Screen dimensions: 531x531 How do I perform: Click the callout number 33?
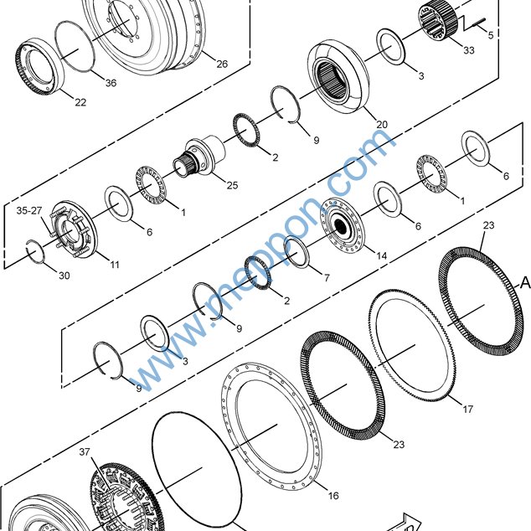click(469, 50)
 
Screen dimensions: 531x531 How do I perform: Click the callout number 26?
click(222, 64)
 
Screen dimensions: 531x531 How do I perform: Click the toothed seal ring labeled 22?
click(40, 66)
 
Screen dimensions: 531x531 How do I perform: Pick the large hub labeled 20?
click(338, 77)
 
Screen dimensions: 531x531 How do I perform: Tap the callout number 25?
click(232, 185)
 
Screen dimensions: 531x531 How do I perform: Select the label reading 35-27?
click(29, 210)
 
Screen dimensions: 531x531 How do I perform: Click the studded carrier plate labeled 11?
click(74, 229)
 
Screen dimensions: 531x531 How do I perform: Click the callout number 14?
click(381, 255)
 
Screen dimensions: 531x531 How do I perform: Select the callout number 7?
click(327, 278)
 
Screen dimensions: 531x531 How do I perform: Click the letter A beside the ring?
click(525, 282)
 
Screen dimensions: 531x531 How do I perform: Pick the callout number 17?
click(467, 409)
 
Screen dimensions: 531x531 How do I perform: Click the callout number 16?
click(333, 496)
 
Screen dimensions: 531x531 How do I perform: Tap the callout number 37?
click(85, 451)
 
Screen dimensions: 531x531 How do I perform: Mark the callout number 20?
click(382, 124)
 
